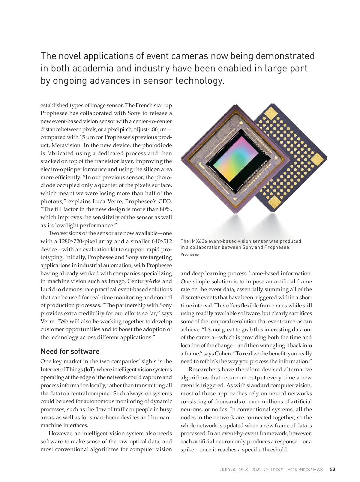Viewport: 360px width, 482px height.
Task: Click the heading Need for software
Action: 70,351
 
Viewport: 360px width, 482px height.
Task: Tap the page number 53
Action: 332,469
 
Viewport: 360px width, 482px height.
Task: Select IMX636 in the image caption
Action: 198,241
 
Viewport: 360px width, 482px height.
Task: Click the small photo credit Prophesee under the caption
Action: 190,255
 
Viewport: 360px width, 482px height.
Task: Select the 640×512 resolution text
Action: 162,241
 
